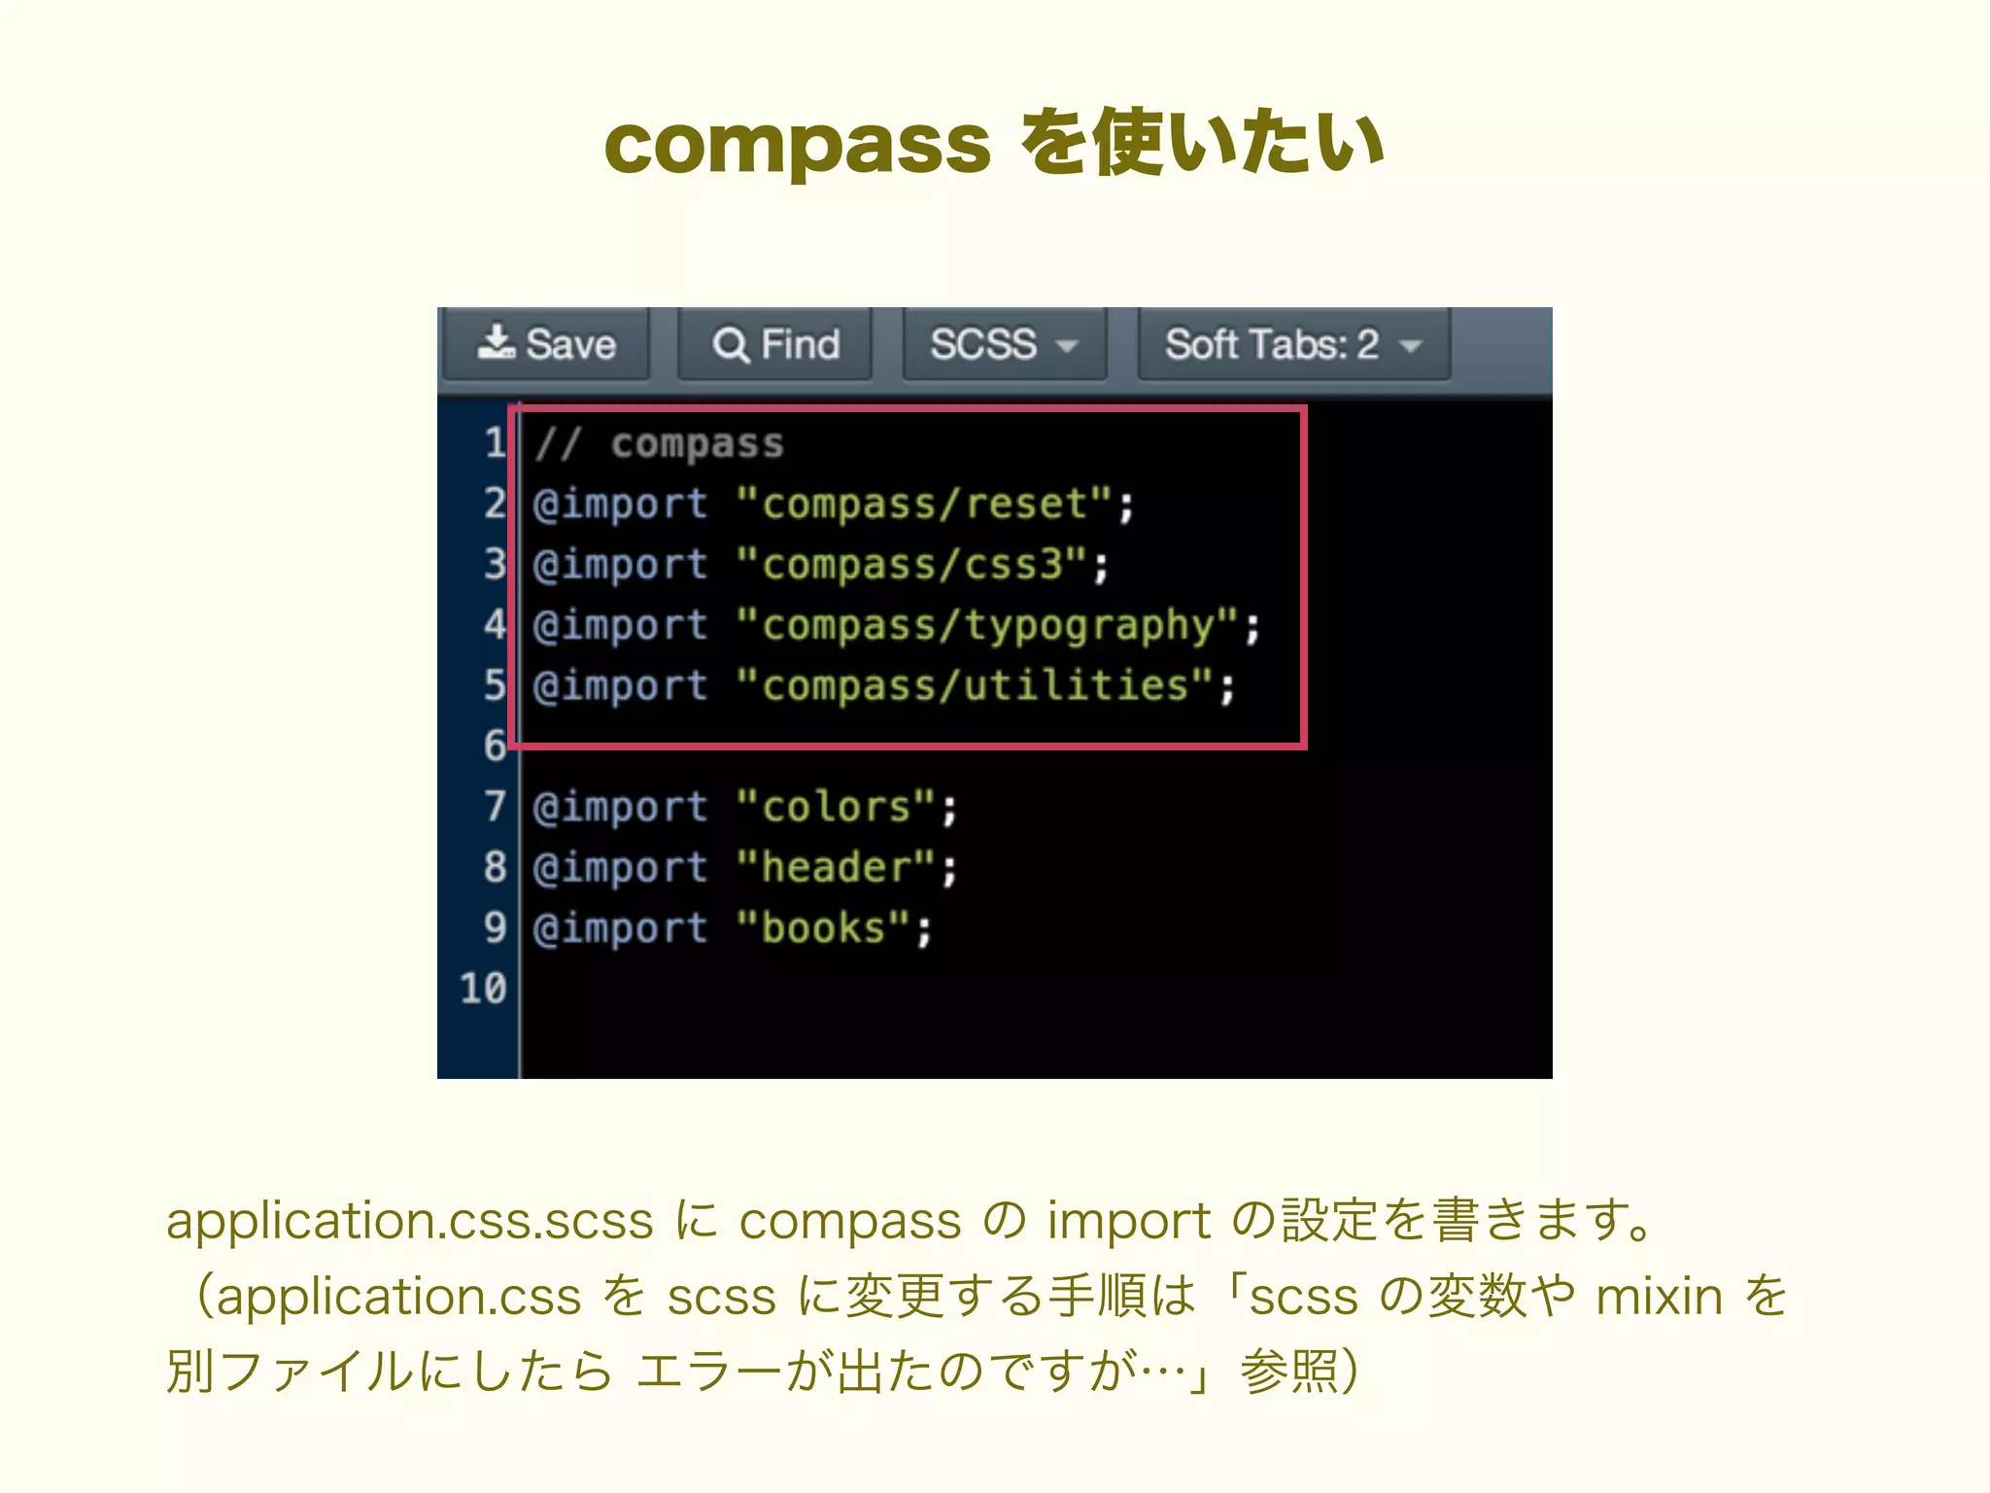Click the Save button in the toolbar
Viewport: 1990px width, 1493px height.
(547, 344)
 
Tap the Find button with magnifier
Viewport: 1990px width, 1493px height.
(775, 344)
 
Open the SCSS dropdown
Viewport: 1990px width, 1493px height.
(1004, 344)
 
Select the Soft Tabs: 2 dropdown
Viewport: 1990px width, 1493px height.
(1292, 344)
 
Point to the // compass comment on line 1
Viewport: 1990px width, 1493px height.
(659, 444)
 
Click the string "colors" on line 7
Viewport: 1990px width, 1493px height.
(836, 807)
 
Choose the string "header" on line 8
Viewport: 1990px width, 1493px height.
(836, 867)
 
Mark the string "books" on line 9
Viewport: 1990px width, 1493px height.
(823, 928)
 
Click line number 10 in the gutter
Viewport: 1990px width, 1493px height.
(483, 989)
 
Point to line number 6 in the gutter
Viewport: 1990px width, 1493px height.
(495, 746)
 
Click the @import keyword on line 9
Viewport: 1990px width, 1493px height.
(620, 928)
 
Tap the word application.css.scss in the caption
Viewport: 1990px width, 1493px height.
(409, 1221)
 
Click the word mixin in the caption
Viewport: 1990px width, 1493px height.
(1659, 1297)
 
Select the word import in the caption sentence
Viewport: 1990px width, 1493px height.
(1128, 1221)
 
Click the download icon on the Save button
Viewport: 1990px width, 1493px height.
(497, 342)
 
